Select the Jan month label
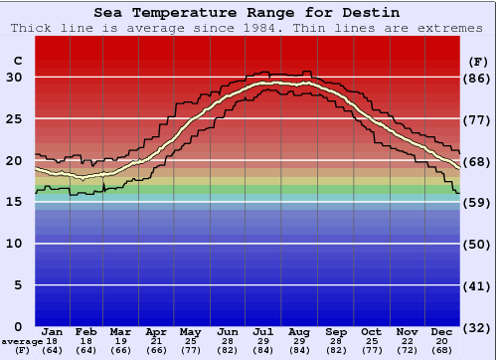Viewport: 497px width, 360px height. click(x=53, y=331)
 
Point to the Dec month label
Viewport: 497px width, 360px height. click(x=442, y=331)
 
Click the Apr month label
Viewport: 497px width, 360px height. click(x=157, y=331)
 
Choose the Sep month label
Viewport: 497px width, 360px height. click(x=335, y=331)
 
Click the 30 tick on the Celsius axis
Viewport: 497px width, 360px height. click(x=15, y=78)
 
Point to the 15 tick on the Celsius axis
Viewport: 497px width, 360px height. click(x=15, y=202)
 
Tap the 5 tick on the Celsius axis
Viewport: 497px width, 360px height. click(x=18, y=285)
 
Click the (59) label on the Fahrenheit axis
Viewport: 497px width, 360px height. click(x=478, y=202)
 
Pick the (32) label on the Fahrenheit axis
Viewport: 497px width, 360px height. click(x=478, y=327)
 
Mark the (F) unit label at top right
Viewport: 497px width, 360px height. click(x=477, y=60)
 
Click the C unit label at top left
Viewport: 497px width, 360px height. click(x=17, y=60)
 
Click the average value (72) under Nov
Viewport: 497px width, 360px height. click(x=407, y=351)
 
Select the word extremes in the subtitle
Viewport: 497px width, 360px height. click(x=452, y=28)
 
